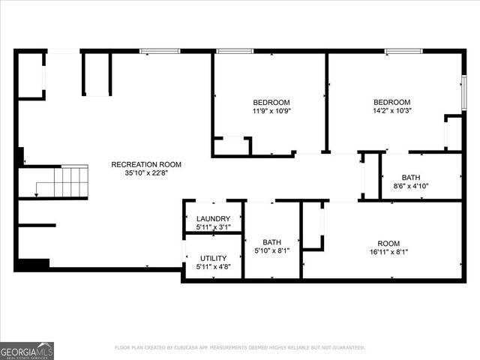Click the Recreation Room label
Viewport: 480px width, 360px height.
click(146, 164)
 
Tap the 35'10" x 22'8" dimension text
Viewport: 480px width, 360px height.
click(146, 173)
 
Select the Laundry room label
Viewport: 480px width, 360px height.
click(213, 219)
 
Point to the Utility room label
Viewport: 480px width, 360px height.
click(213, 258)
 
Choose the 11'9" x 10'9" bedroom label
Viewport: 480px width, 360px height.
click(271, 102)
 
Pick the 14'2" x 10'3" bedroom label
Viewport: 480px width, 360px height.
click(392, 102)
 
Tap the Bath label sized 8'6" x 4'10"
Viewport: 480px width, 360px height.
click(411, 177)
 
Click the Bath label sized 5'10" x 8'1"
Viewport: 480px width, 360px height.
click(271, 242)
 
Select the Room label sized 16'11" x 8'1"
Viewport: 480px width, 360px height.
click(388, 242)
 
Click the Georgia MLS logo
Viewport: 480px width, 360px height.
click(27, 350)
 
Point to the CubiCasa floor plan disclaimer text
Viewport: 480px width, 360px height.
click(240, 347)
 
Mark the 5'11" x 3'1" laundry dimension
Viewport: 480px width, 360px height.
click(213, 227)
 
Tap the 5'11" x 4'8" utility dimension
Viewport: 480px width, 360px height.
click(213, 266)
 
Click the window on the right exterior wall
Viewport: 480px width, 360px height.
click(464, 92)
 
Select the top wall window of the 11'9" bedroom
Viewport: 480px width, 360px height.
click(235, 51)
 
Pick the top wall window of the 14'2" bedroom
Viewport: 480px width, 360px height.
click(403, 51)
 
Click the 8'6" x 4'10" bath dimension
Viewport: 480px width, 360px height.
click(411, 186)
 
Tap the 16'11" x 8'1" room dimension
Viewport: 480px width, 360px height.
click(388, 251)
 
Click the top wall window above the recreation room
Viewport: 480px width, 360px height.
click(159, 51)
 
